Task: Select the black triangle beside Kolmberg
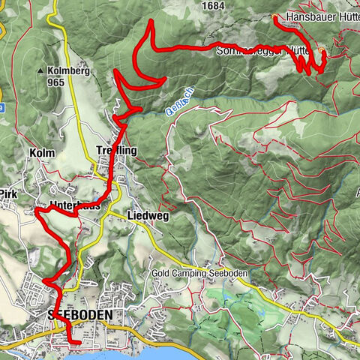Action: tap(40, 70)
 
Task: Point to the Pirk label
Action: tap(7, 193)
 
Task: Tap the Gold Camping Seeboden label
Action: tap(198, 274)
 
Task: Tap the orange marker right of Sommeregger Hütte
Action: tap(322, 52)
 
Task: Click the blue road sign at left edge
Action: tap(1, 107)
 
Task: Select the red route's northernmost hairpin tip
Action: tap(151, 21)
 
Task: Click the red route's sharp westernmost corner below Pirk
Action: tap(35, 211)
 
